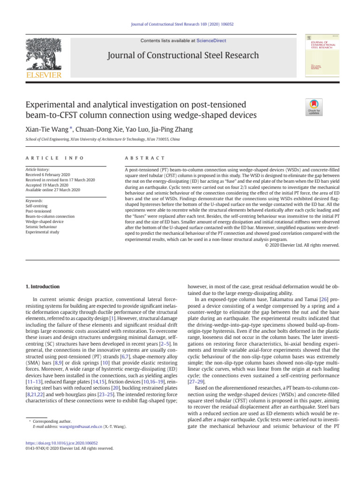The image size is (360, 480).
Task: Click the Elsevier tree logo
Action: click(x=43, y=54)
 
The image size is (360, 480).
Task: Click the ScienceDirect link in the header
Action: click(x=211, y=41)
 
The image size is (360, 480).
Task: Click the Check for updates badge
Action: click(x=314, y=108)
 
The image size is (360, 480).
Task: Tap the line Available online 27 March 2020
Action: click(x=53, y=190)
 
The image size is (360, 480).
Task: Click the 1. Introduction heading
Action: click(x=42, y=286)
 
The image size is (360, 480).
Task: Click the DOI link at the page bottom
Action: click(x=60, y=443)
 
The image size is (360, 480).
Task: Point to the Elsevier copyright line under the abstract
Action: click(x=302, y=245)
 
